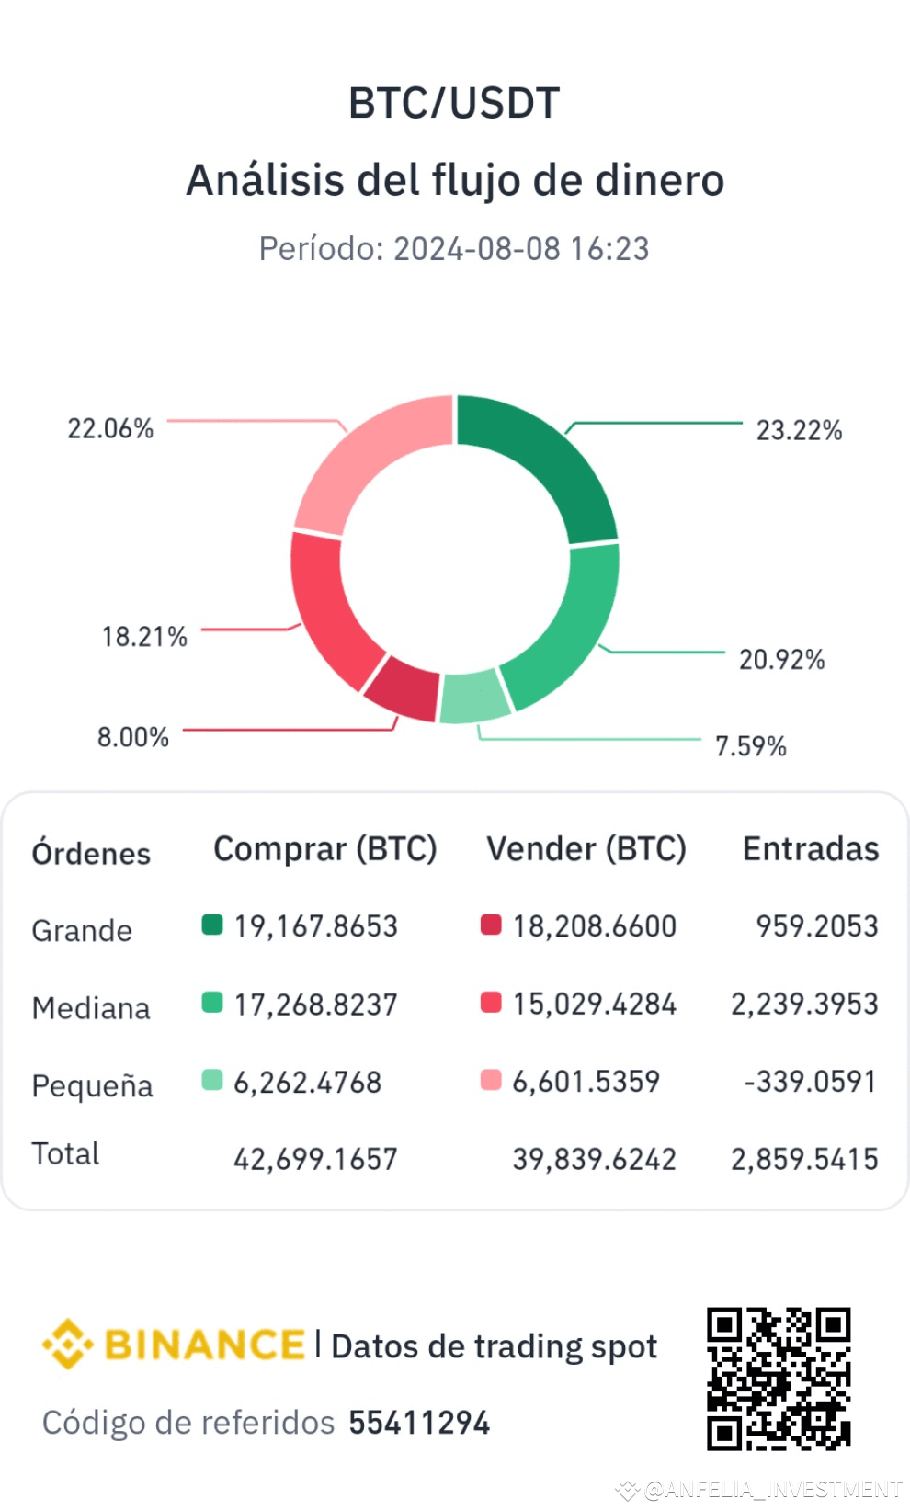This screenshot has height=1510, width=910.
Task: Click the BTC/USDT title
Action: (454, 103)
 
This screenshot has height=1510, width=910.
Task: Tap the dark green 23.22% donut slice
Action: (548, 460)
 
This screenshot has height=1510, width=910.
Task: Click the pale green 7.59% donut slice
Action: (474, 698)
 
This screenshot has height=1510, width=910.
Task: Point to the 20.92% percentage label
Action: (781, 659)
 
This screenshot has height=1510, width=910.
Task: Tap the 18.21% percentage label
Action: (144, 636)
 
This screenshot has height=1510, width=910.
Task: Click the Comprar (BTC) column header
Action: (324, 848)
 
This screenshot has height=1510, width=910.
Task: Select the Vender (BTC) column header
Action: (586, 848)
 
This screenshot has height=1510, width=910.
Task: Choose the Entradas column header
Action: (810, 848)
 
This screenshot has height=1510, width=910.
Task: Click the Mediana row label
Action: (91, 1008)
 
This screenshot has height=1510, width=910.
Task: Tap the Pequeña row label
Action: (92, 1085)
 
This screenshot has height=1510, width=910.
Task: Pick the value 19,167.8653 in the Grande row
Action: (315, 925)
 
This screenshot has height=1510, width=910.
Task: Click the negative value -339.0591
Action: (810, 1081)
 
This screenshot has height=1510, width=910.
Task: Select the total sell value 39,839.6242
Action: (594, 1159)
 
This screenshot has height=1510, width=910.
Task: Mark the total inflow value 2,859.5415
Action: (804, 1159)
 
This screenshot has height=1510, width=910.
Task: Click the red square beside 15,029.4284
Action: (491, 1002)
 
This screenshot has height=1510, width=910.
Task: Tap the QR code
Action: (778, 1379)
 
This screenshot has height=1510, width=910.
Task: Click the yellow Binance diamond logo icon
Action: (68, 1344)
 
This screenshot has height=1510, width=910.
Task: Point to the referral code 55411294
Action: (419, 1423)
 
